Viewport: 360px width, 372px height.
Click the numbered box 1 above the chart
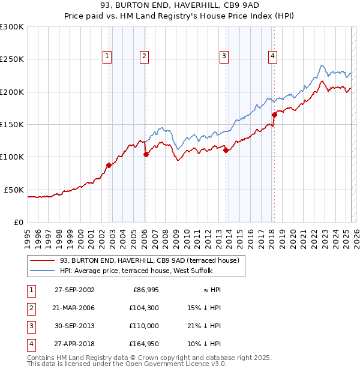(107, 57)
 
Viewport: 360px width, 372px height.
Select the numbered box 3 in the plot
(224, 57)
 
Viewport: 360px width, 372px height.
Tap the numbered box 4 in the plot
(272, 57)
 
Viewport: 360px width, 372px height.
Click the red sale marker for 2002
(109, 165)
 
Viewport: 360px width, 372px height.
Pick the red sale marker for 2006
(146, 154)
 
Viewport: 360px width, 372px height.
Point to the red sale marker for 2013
(226, 151)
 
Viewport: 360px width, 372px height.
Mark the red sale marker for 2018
(274, 115)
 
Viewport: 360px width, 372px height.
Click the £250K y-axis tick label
(11, 59)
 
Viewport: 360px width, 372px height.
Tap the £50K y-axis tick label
(14, 190)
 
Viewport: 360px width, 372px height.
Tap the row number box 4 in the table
(29, 344)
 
